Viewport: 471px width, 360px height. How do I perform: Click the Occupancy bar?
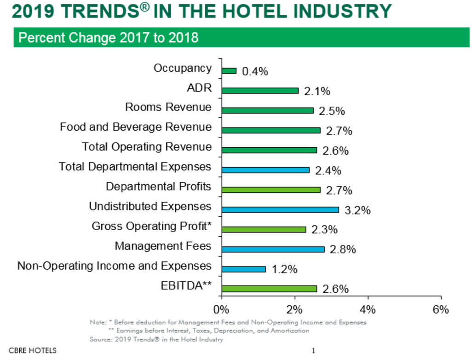click(229, 71)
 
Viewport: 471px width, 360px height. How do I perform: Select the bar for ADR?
click(260, 91)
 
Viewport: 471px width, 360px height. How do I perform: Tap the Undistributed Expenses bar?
click(280, 209)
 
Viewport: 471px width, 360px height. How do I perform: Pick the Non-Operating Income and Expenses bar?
click(243, 269)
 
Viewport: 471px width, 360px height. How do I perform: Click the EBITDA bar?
click(269, 289)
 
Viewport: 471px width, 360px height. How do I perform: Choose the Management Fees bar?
click(273, 249)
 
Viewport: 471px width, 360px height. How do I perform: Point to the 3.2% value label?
click(357, 211)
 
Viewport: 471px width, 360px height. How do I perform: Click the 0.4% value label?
click(255, 72)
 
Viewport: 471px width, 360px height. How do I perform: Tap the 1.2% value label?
click(284, 270)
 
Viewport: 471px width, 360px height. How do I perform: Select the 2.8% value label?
click(343, 250)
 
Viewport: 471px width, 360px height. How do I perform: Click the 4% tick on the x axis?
click(368, 309)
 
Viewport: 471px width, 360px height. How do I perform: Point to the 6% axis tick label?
click(441, 309)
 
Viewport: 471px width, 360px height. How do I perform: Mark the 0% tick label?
click(221, 309)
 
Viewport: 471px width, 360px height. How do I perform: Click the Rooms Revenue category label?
click(168, 107)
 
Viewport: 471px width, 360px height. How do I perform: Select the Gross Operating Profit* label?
click(152, 226)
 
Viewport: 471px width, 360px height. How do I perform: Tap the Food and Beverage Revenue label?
click(136, 127)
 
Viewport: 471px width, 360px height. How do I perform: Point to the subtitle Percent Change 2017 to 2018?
click(109, 37)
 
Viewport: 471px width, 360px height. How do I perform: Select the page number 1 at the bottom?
click(313, 351)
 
